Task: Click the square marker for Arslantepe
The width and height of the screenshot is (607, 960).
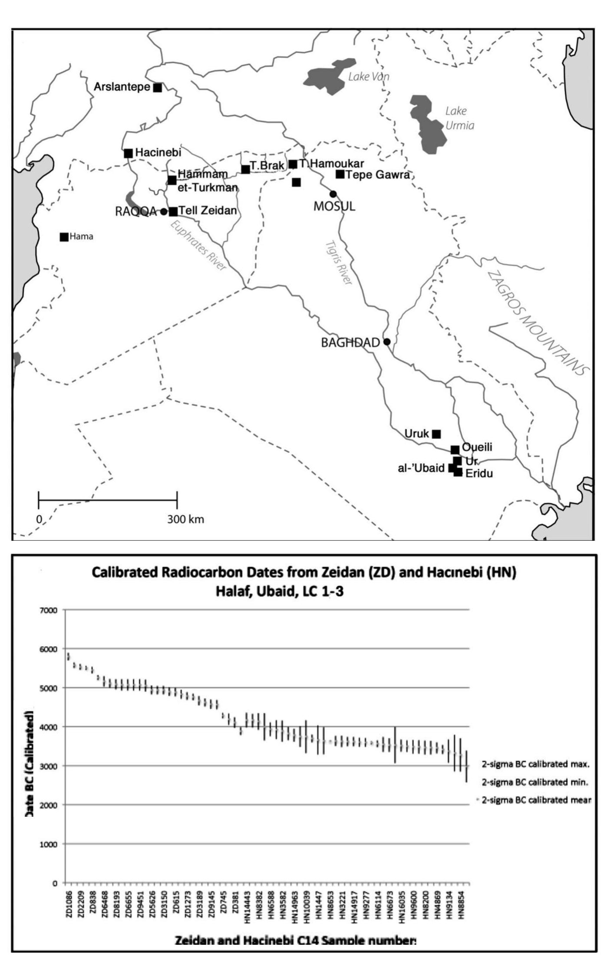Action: [x=158, y=88]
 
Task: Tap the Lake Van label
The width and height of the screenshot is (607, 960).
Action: [x=369, y=77]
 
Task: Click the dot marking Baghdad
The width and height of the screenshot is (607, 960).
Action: [x=387, y=342]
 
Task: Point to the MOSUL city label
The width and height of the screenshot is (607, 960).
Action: [x=334, y=207]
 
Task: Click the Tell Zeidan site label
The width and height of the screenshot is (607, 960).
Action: [x=208, y=211]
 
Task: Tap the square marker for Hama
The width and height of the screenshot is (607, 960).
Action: [x=64, y=237]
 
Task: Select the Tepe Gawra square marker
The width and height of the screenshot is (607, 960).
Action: [x=340, y=174]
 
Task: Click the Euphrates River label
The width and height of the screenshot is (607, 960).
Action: [x=198, y=246]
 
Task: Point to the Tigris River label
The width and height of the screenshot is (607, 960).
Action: [x=339, y=263]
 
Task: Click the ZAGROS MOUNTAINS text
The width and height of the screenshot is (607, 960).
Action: [x=538, y=323]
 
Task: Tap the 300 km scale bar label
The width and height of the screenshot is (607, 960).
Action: [x=185, y=519]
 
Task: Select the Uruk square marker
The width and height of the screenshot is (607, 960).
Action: [x=437, y=434]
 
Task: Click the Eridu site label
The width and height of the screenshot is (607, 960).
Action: [x=479, y=473]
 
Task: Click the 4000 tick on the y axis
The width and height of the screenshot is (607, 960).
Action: [x=48, y=727]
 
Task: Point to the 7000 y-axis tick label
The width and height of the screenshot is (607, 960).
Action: [x=48, y=610]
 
